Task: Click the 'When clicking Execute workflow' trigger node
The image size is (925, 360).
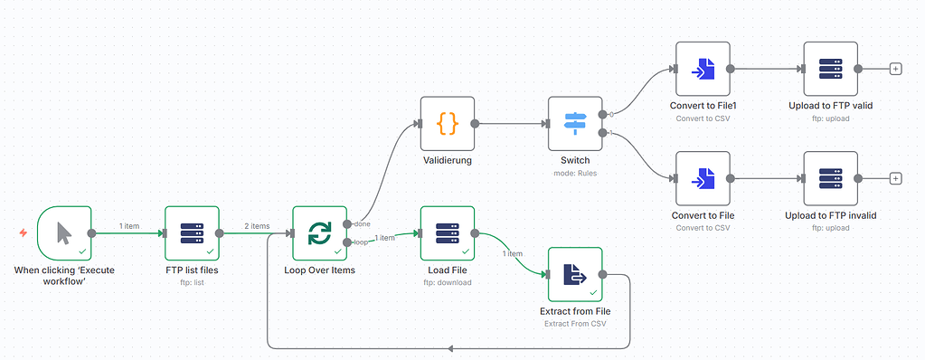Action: click(x=64, y=233)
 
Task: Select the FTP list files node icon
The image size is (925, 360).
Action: click(x=192, y=233)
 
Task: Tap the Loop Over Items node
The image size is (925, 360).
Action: click(x=319, y=233)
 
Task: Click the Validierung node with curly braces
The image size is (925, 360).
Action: click(x=448, y=123)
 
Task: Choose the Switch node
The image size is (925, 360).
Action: click(x=575, y=123)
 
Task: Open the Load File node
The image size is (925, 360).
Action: click(x=448, y=233)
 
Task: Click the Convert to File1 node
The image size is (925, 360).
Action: click(x=703, y=69)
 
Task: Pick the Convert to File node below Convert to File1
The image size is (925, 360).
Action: click(x=703, y=178)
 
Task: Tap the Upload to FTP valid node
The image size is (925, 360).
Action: click(x=830, y=69)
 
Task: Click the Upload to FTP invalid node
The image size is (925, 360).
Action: click(x=830, y=178)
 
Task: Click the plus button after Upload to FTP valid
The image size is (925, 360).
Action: click(x=895, y=69)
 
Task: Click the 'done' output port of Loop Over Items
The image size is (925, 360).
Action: click(x=347, y=223)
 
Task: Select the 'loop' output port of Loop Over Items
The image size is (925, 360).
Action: click(x=347, y=242)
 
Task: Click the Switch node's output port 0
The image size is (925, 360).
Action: click(x=603, y=114)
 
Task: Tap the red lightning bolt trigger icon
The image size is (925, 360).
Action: click(x=24, y=233)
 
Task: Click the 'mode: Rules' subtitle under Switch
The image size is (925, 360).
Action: click(x=575, y=173)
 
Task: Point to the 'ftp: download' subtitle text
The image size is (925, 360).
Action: click(x=448, y=282)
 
